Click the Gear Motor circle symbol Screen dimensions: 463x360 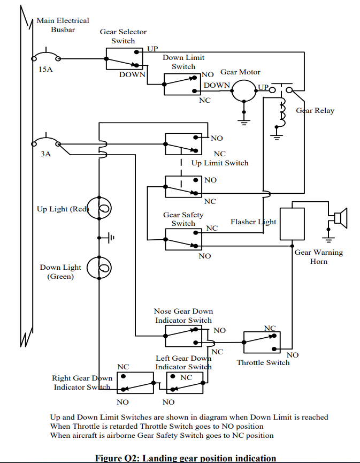coord(244,90)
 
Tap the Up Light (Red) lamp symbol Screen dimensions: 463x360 coord(99,209)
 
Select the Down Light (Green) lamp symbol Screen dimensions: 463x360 coord(99,267)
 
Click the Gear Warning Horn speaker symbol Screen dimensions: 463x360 coord(338,217)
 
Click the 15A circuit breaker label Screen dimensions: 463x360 coord(45,70)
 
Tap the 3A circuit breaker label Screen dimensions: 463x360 coord(45,154)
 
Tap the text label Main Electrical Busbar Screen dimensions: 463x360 coord(63,25)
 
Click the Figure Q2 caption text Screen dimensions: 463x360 coord(186,458)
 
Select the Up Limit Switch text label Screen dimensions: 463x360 coord(220,163)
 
